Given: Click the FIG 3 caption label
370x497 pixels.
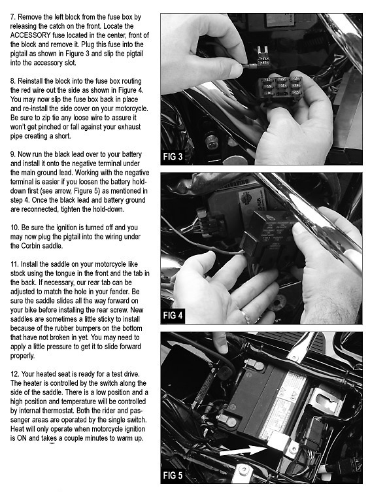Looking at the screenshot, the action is click(173, 156).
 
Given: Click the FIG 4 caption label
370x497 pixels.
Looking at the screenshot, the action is click(173, 315).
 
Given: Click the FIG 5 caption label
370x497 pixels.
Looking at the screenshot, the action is click(173, 475).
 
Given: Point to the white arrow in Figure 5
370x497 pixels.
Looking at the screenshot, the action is click(243, 450).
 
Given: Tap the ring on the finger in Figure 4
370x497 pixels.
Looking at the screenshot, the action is click(245, 316).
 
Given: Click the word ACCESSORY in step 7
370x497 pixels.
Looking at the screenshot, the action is click(31, 35).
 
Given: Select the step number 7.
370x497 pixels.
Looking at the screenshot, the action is click(12, 17).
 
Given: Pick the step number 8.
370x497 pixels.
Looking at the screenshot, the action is click(12, 81).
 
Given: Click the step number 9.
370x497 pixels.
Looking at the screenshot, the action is click(12, 154).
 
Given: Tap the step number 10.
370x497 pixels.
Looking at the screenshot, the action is click(14, 228).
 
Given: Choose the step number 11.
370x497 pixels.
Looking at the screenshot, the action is click(14, 264).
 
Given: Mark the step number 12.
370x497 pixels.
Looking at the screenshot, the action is click(14, 374).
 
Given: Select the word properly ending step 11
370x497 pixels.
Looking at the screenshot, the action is click(22, 356).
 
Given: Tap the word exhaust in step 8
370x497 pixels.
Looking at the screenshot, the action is click(129, 127).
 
